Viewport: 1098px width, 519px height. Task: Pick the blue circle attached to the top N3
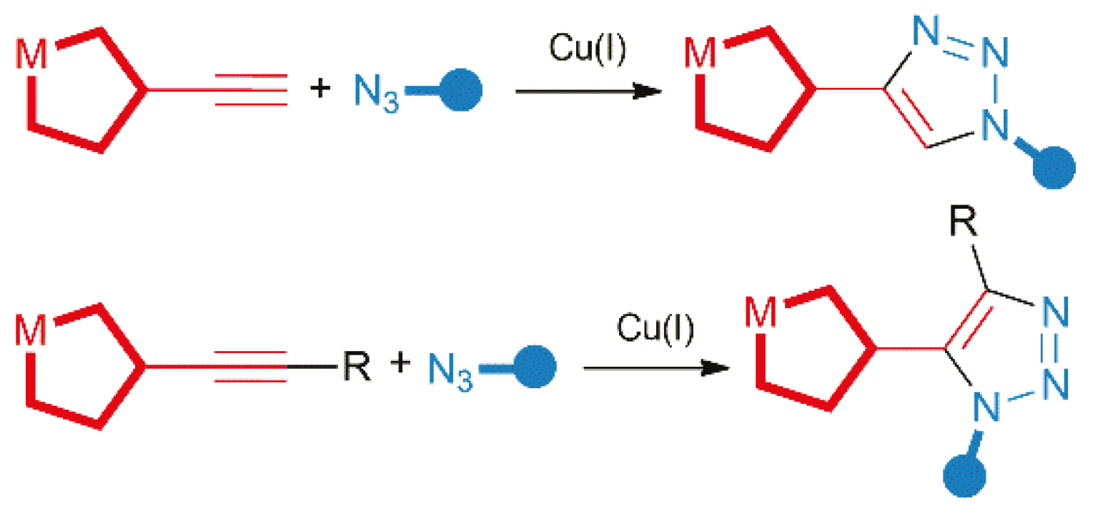click(460, 91)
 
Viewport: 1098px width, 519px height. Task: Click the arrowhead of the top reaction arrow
click(648, 92)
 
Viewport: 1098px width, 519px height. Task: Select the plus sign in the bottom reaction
click(402, 363)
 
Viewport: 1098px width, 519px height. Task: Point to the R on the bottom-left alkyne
click(356, 367)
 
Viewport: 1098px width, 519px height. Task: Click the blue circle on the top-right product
click(1054, 169)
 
